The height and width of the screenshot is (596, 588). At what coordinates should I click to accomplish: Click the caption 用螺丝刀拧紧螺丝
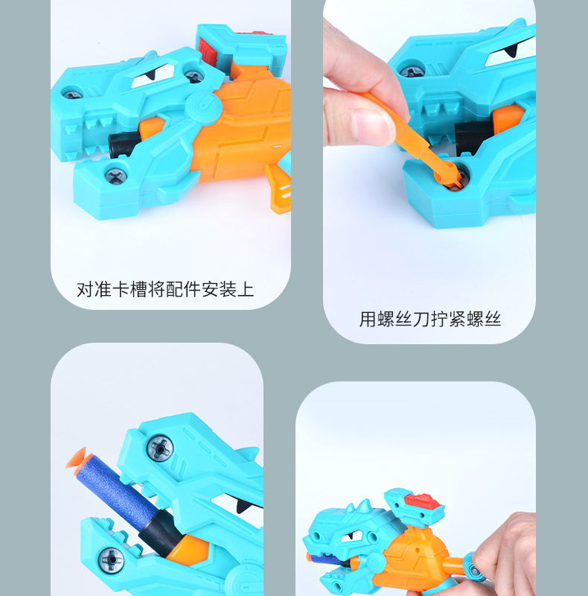[x=429, y=320]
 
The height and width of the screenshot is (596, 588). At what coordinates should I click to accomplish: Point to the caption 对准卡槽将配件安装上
[x=165, y=289]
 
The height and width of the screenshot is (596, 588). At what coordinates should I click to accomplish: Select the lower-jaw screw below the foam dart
[x=113, y=557]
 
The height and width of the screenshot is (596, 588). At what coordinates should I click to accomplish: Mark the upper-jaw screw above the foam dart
[x=159, y=448]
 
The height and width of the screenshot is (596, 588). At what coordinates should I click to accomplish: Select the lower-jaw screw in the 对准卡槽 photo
[x=115, y=176]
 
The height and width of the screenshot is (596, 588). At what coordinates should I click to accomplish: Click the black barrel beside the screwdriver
[x=473, y=136]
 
